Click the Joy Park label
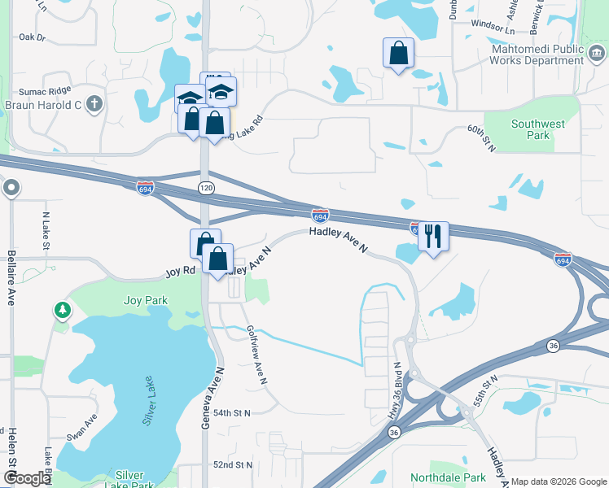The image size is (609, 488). pyautogui.click(x=146, y=300)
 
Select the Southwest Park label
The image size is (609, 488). pyautogui.click(x=537, y=129)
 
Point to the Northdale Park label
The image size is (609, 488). pyautogui.click(x=448, y=477)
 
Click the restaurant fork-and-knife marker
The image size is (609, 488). pyautogui.click(x=433, y=236)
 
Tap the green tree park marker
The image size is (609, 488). pyautogui.click(x=63, y=310)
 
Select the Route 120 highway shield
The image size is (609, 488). pyautogui.click(x=205, y=188)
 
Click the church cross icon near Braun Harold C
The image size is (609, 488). pyautogui.click(x=94, y=103)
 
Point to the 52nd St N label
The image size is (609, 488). pyautogui.click(x=233, y=464)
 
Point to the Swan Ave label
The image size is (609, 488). pyautogui.click(x=82, y=426)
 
